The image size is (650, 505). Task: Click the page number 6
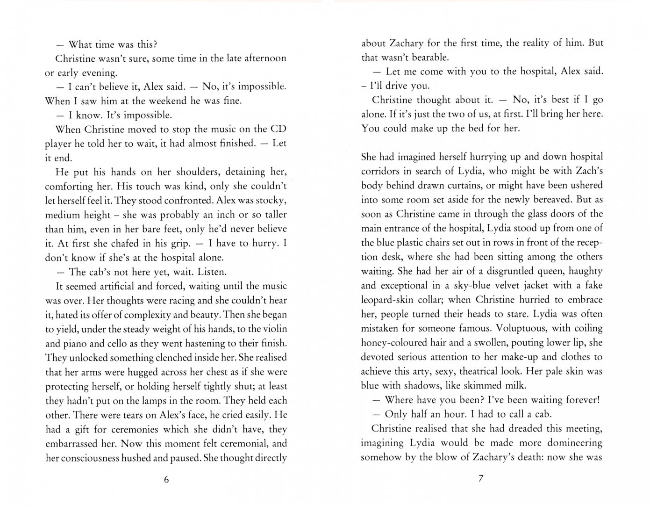166,479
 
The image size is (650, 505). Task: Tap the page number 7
481,478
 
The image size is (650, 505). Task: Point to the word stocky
271,201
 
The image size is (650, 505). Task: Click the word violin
272,329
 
